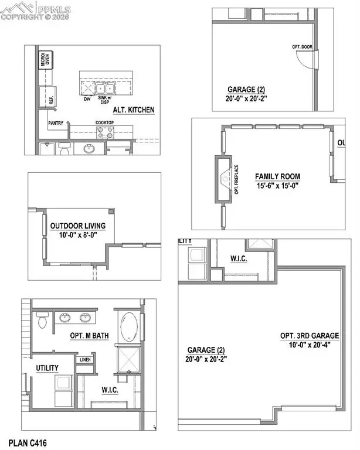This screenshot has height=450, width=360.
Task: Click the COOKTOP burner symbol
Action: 105,132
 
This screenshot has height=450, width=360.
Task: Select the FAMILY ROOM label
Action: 277,176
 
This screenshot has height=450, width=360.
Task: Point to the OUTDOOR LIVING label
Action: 77,226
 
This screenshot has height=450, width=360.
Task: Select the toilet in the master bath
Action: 42,321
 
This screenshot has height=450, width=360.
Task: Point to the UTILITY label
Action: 47,367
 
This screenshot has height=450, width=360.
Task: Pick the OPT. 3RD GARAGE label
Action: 310,336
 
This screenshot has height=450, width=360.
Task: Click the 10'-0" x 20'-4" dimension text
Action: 310,345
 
